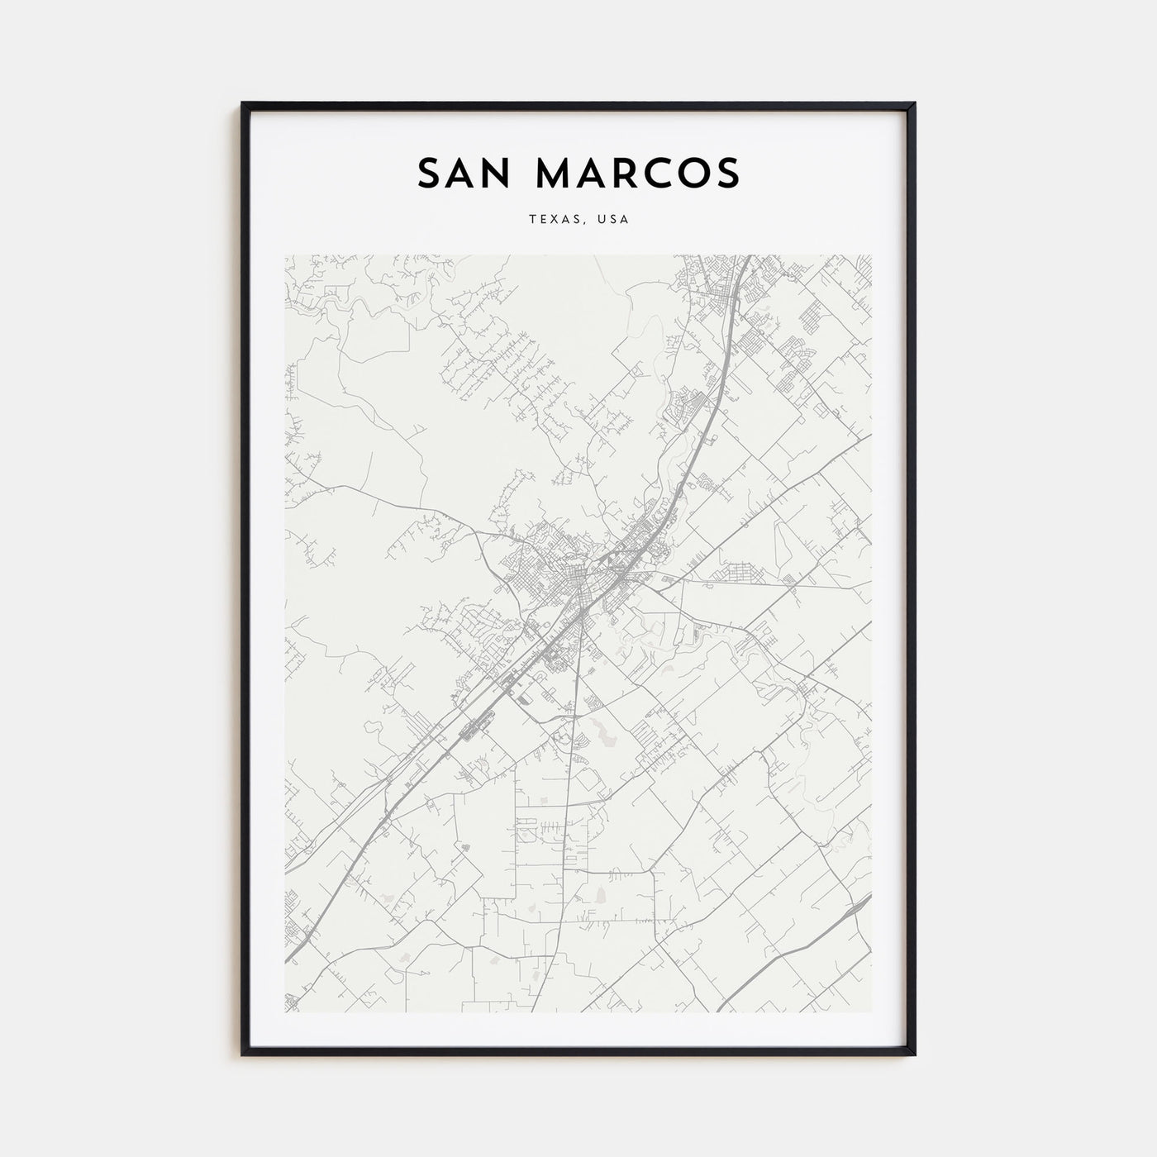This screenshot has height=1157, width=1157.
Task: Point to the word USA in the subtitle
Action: [x=614, y=220]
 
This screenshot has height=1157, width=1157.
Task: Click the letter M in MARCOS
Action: [x=556, y=173]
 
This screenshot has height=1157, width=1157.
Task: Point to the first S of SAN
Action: [x=430, y=173]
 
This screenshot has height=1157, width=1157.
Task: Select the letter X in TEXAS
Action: [x=550, y=220]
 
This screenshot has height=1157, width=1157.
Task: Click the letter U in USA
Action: [x=602, y=220]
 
